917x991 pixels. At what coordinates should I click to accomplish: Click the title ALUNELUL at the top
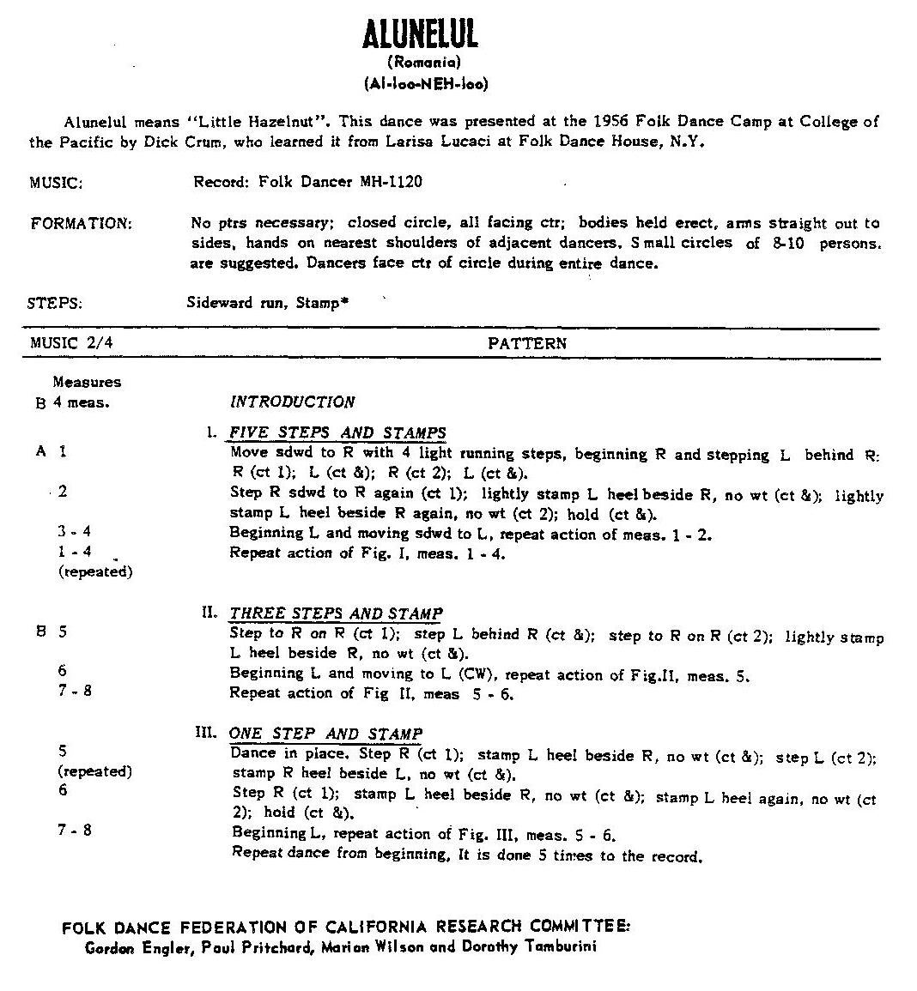click(420, 35)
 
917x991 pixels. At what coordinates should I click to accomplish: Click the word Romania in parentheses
click(424, 63)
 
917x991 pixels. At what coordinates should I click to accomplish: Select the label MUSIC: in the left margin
click(56, 183)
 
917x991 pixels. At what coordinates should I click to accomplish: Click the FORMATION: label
click(81, 224)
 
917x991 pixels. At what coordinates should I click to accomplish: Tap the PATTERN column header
click(527, 343)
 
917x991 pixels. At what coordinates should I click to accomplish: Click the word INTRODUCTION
click(292, 402)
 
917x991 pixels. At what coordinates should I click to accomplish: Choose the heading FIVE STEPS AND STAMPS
click(337, 432)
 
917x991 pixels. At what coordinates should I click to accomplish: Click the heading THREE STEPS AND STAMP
click(335, 613)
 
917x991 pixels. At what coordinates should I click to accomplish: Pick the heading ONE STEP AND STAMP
click(325, 734)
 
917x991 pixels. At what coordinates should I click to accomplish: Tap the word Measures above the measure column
click(87, 382)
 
